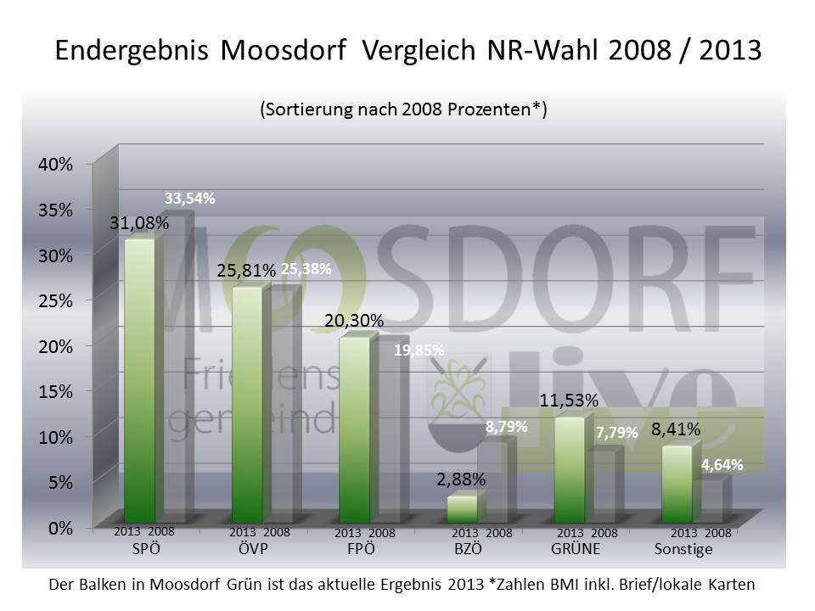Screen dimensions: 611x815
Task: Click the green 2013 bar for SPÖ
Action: tap(139, 382)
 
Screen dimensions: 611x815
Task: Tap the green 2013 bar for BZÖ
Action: tap(461, 508)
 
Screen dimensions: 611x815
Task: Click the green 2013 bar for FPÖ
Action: tap(354, 429)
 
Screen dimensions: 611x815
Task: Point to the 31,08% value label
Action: tap(139, 224)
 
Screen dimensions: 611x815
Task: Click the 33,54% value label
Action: tap(189, 199)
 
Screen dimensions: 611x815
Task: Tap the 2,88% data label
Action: tap(461, 479)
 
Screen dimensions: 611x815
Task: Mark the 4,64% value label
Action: tap(722, 464)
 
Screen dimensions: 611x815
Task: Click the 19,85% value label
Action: tap(419, 350)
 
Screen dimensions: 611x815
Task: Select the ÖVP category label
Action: tap(253, 549)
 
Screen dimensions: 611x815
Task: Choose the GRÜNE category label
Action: tap(576, 549)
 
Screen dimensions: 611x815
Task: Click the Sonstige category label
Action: tap(683, 550)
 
